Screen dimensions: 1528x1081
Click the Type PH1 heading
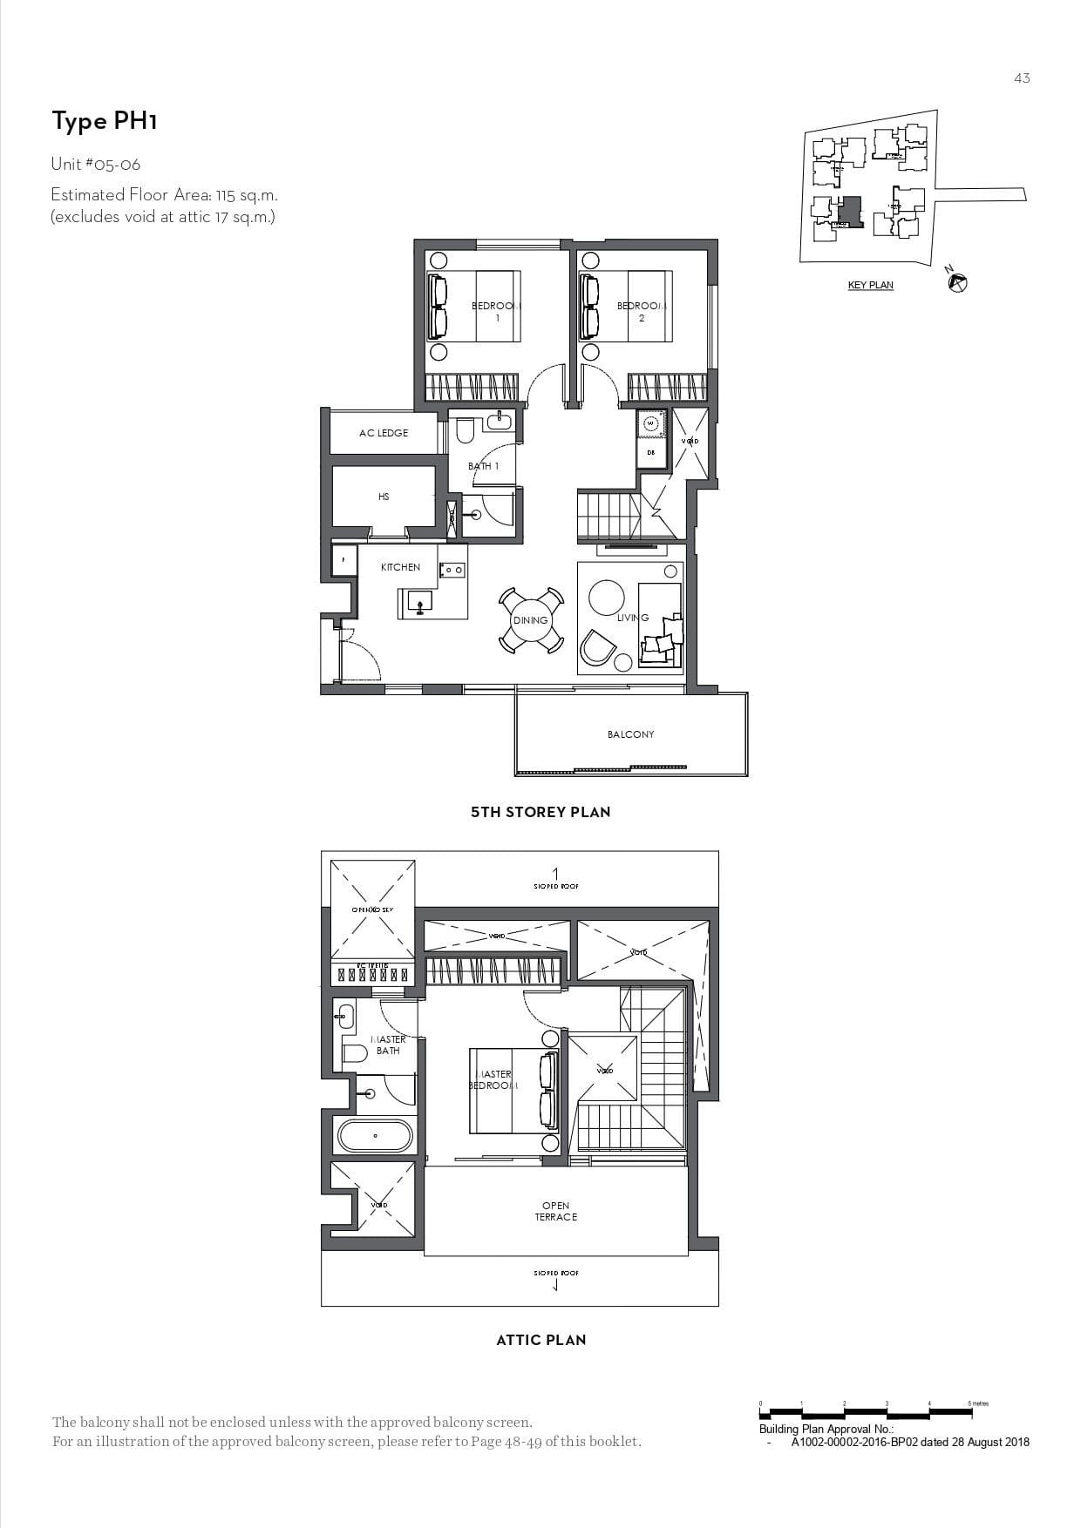(104, 121)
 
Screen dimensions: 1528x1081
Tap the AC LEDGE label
(384, 433)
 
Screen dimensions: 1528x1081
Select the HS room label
(384, 497)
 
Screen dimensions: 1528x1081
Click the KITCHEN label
(400, 567)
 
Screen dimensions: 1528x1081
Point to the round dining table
(530, 619)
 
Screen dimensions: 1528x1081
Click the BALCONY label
(630, 734)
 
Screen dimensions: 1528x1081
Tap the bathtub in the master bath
(375, 1136)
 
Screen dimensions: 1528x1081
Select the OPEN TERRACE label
(555, 1212)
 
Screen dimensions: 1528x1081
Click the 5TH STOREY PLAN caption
(540, 812)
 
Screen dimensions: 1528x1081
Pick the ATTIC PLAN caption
(540, 1340)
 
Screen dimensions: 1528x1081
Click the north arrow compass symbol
(958, 282)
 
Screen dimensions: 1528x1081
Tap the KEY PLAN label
(870, 285)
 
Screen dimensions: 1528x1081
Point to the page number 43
(1022, 78)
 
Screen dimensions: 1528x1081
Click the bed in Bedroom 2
(628, 306)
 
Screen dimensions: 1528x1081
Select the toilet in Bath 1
(465, 430)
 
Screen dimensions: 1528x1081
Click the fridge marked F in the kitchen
(344, 560)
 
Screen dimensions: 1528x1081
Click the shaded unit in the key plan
(850, 212)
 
